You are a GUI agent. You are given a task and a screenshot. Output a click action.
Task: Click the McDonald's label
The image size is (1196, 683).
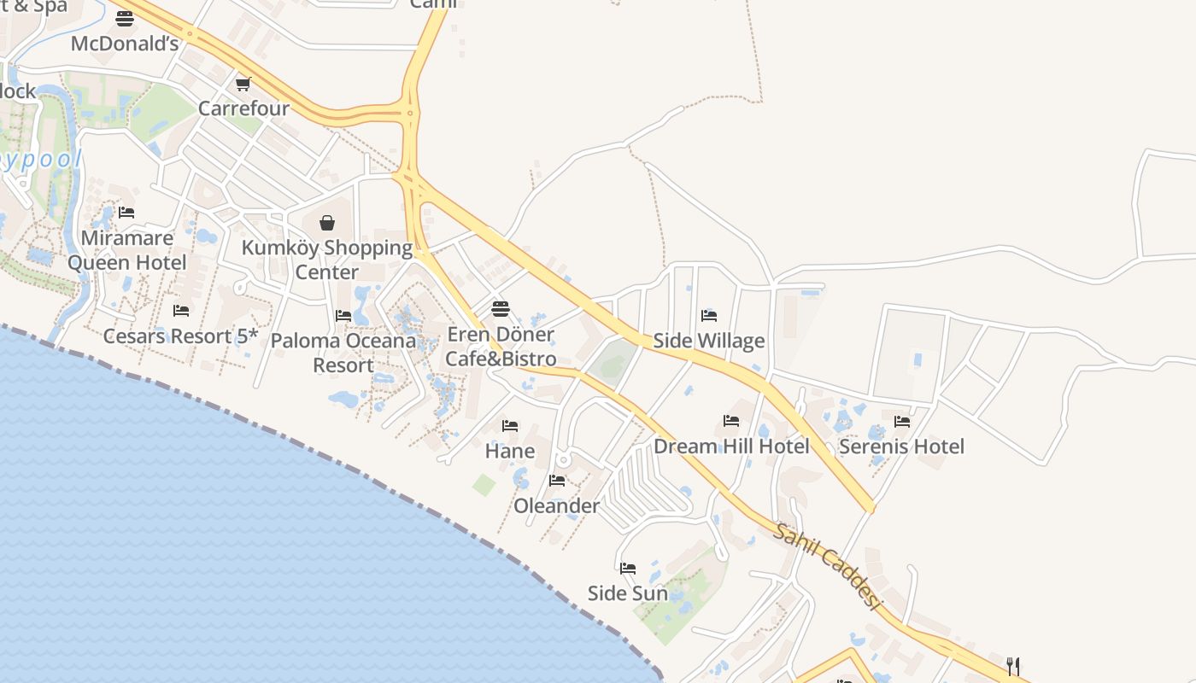(x=125, y=44)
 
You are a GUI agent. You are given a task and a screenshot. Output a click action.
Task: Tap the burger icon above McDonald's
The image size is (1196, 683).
(x=125, y=19)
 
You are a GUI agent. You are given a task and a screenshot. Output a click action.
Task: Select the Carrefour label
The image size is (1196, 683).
(x=243, y=108)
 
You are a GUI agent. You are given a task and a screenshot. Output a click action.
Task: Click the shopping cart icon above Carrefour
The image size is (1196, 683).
(x=243, y=84)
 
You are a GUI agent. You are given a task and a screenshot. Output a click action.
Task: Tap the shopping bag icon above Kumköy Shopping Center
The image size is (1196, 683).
(x=327, y=223)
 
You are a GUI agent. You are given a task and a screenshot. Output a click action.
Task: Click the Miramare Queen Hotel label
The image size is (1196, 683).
(x=126, y=250)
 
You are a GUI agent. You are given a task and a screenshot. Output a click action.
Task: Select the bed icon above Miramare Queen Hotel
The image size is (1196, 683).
(x=126, y=212)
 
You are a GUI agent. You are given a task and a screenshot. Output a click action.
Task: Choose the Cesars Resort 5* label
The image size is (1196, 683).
(x=180, y=336)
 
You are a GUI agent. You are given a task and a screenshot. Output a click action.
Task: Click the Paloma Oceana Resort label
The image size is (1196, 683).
(x=343, y=353)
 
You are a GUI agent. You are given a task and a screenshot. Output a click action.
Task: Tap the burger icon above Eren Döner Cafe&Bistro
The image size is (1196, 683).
(x=501, y=308)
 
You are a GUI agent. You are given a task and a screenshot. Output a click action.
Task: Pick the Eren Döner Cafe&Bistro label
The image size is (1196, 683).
(x=501, y=347)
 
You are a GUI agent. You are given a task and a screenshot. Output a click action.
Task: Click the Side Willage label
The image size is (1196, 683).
(x=709, y=341)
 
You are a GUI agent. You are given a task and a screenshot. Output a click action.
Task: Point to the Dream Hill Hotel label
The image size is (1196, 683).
(x=731, y=446)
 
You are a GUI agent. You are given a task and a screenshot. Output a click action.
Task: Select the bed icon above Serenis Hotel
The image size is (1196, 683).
(x=901, y=421)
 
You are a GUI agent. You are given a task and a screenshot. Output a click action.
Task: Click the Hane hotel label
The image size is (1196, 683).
(x=510, y=450)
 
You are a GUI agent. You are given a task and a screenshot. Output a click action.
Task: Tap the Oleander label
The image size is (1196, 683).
(x=557, y=505)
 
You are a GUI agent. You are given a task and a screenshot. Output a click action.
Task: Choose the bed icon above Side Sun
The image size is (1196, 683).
(x=628, y=568)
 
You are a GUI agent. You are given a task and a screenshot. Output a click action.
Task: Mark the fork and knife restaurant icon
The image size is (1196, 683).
(x=1013, y=666)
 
